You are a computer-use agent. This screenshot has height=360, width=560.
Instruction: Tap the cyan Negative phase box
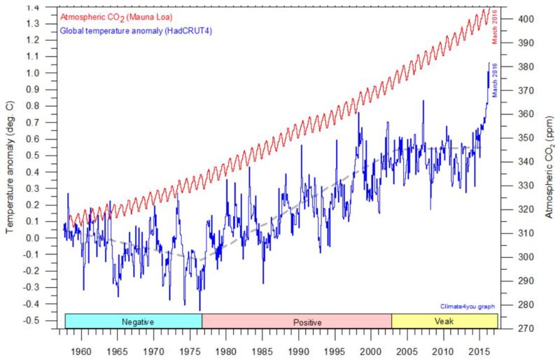coord(133,321)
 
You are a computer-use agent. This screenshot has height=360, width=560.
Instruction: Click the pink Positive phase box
coord(296,321)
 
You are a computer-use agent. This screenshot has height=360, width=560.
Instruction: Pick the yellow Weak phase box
coord(444,321)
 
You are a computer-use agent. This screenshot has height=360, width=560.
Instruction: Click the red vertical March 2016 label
coord(494,27)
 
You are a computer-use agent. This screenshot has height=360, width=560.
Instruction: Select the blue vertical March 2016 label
coord(494,80)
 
